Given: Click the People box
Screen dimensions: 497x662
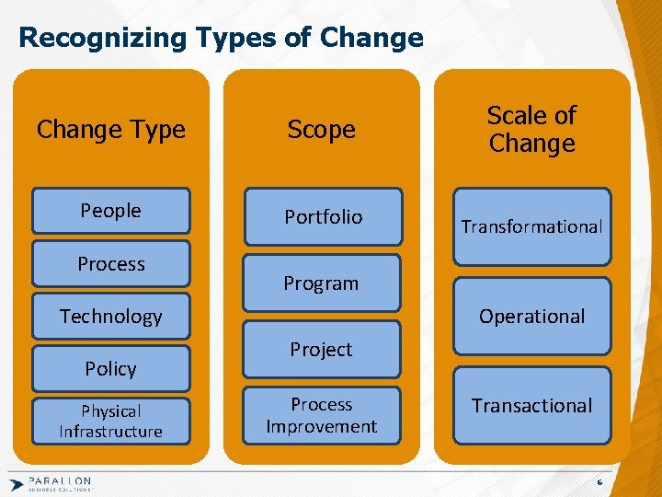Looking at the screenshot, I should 110,211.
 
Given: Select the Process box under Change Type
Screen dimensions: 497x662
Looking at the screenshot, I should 110,264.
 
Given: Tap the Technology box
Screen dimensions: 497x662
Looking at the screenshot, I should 110,317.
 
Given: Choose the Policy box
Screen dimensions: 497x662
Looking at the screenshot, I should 110,369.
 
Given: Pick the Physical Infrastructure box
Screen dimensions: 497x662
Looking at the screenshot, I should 110,421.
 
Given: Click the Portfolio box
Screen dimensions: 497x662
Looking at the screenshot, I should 323,217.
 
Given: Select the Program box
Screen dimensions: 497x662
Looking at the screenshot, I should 321,283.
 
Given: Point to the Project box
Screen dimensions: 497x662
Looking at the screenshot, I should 321,350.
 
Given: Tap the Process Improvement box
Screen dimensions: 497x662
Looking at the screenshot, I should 321,415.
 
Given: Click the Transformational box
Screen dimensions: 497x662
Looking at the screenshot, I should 531,226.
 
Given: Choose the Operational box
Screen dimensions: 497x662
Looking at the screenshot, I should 531,317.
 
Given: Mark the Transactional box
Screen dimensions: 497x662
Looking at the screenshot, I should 531,406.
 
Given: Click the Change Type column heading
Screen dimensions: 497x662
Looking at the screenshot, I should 110,130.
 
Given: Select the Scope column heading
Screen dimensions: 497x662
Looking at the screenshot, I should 321,130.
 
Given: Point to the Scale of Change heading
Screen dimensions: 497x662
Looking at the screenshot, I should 531,130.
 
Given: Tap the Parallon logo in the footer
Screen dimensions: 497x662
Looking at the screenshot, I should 51,483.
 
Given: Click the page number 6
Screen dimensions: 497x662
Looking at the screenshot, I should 599,482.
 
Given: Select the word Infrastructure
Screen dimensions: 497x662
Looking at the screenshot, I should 110,432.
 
